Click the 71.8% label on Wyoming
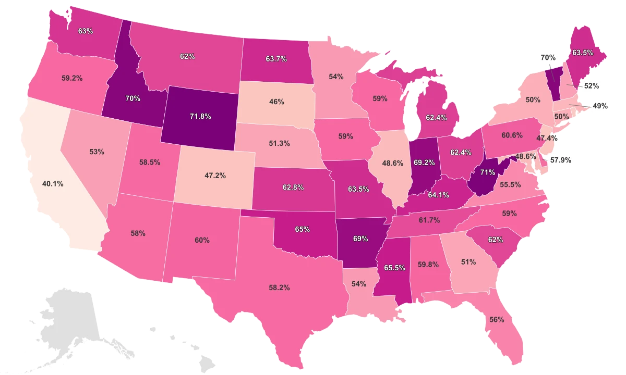click(200, 117)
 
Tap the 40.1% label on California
click(53, 184)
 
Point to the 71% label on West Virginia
click(487, 172)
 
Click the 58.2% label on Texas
click(280, 287)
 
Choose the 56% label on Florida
click(497, 320)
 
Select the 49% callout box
click(600, 106)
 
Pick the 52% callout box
click(591, 86)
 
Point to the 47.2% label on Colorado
click(215, 176)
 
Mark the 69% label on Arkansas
click(361, 240)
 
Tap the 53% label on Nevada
click(97, 152)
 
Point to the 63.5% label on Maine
click(582, 53)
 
